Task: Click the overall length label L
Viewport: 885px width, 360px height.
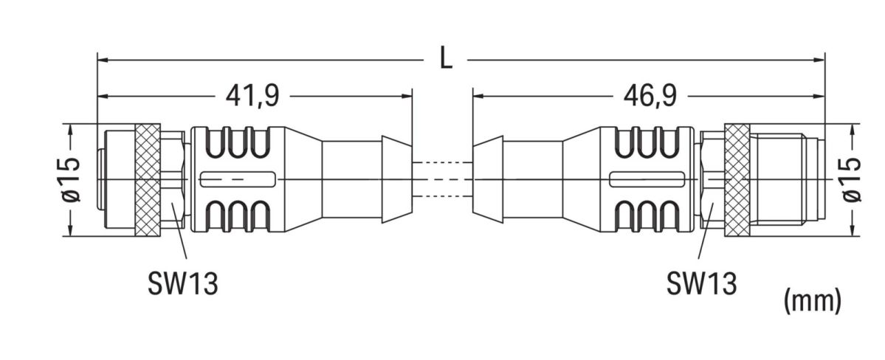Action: (445, 59)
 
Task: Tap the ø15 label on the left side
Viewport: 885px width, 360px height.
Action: (71, 180)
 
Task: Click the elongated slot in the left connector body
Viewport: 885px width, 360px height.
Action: (238, 180)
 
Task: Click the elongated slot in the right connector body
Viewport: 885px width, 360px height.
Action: (647, 180)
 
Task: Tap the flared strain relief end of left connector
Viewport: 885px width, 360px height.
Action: (394, 180)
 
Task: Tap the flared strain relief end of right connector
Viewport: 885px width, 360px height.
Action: (489, 180)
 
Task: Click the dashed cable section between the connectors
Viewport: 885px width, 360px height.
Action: (441, 180)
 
